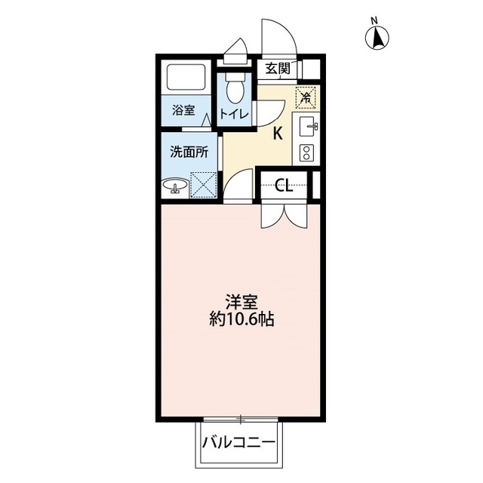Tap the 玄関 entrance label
[x=278, y=69]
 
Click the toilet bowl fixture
[x=235, y=88]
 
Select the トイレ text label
[x=234, y=114]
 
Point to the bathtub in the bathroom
[x=186, y=77]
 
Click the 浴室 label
[x=183, y=110]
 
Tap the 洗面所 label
[x=189, y=152]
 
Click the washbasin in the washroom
[x=175, y=186]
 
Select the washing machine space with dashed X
[x=203, y=184]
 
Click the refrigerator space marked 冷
[x=306, y=98]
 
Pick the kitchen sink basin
[x=307, y=125]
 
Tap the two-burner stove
[x=306, y=152]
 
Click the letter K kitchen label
[x=278, y=134]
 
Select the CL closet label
[x=284, y=186]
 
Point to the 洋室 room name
[x=241, y=302]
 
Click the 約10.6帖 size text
[x=241, y=319]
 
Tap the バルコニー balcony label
[x=238, y=443]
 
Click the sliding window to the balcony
[x=241, y=420]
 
